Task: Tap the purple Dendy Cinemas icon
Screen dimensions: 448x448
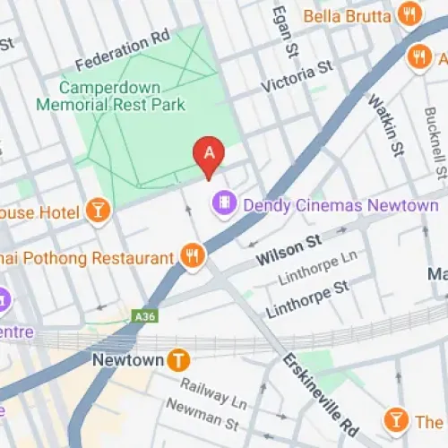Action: [x=223, y=204]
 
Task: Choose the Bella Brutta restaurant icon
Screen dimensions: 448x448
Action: [x=411, y=15]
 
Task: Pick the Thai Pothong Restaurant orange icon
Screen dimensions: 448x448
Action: [x=193, y=257]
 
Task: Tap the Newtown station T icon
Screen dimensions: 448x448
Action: [x=180, y=360]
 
